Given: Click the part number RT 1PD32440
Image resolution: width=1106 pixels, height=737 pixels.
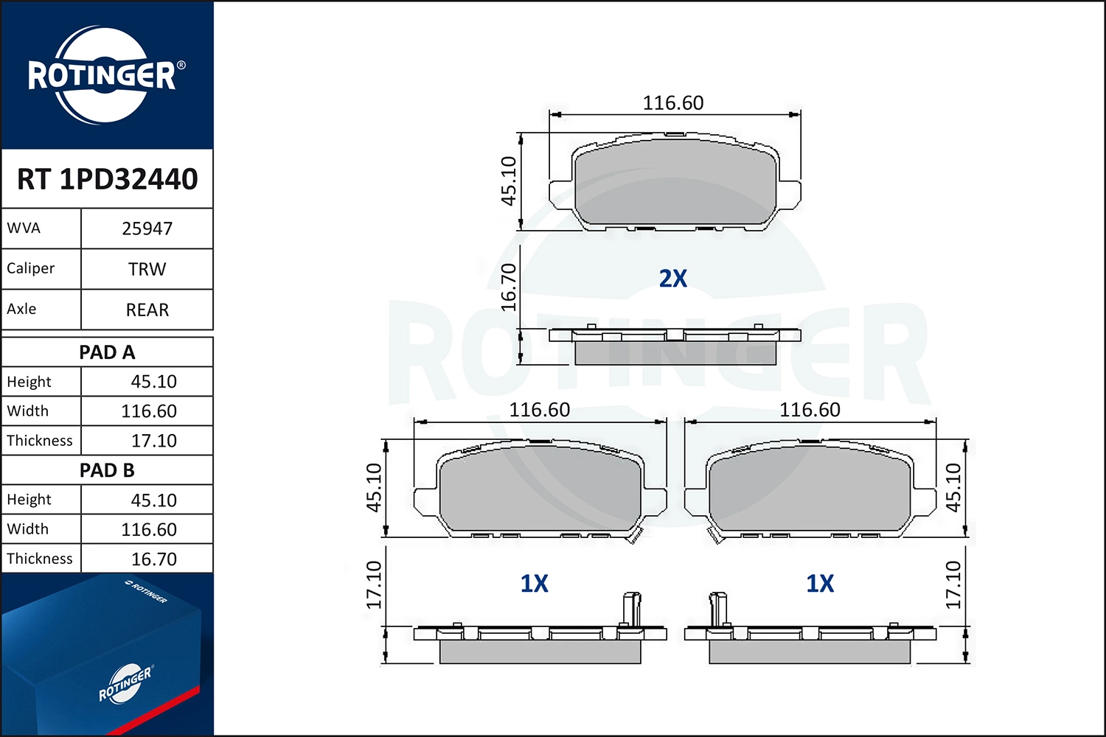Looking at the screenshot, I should (108, 179).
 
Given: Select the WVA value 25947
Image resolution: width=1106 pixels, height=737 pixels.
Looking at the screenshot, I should (147, 229).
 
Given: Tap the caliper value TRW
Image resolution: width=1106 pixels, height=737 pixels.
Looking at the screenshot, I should (147, 270).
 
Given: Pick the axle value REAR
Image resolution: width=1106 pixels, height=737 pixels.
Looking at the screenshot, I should (147, 310).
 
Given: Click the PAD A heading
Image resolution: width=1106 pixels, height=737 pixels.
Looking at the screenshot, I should (108, 352).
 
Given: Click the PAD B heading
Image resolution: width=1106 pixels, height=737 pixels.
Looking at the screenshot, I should (108, 470).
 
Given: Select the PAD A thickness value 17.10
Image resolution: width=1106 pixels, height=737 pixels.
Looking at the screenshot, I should (153, 441).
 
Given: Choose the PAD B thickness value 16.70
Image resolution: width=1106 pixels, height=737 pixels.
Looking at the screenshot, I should (153, 559).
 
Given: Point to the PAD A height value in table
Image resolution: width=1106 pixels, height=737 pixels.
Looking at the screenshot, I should (153, 382).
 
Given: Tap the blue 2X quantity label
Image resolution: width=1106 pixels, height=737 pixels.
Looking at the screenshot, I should (672, 279).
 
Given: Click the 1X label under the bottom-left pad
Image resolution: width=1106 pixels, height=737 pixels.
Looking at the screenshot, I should (535, 584).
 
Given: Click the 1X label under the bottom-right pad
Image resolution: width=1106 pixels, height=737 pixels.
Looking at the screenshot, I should (820, 584).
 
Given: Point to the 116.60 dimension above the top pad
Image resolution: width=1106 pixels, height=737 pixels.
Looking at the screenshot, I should (672, 103).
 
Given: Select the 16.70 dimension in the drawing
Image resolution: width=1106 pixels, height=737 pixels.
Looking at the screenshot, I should (509, 287).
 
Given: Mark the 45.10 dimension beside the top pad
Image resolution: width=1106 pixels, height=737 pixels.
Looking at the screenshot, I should (509, 181).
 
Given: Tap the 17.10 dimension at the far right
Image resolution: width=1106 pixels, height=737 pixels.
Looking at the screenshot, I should (953, 584).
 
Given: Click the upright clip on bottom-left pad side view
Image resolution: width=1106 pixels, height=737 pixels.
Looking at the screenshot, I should (631, 608).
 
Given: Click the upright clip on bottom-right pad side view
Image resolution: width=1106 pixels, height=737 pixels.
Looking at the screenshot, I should (718, 608).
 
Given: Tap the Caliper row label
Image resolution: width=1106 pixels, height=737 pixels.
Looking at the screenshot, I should (31, 269).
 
